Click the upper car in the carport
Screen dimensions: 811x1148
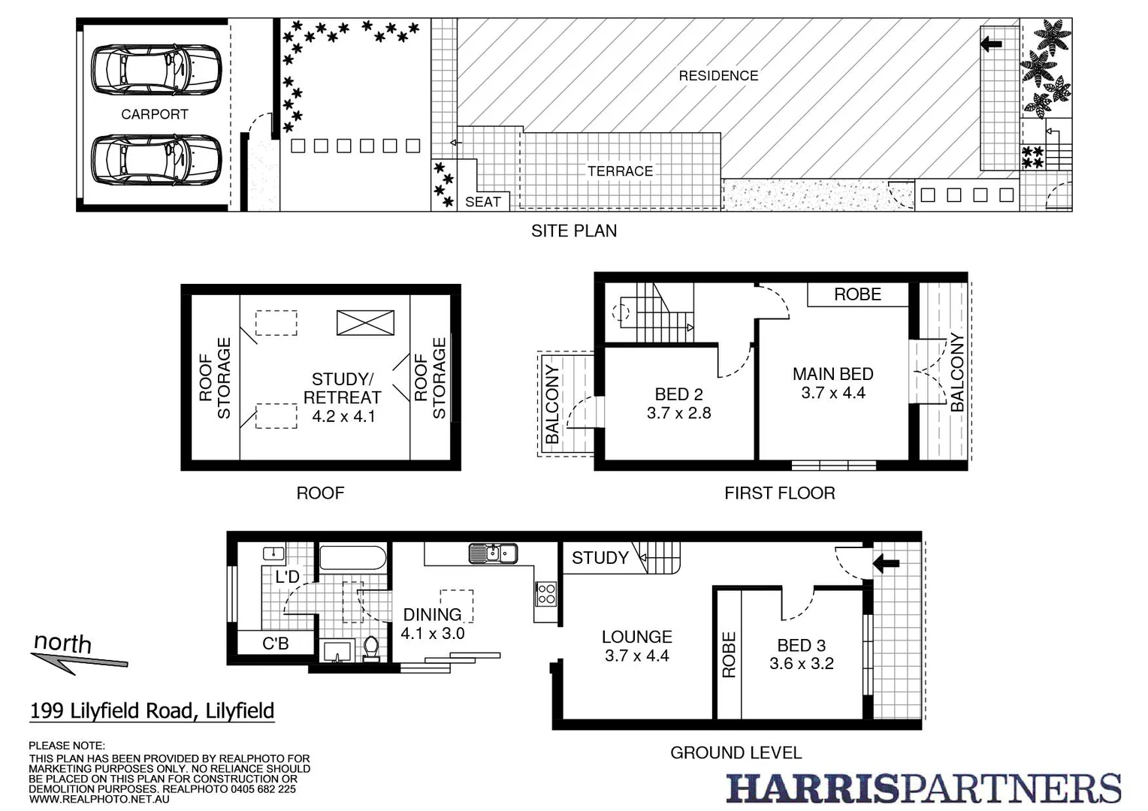[x=156, y=70]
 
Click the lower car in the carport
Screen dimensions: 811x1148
[x=156, y=158]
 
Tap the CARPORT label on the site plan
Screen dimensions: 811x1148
[x=155, y=114]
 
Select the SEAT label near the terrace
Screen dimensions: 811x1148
[x=482, y=202]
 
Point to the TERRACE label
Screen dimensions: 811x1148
[x=620, y=171]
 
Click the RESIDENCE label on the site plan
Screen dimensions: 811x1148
[x=718, y=76]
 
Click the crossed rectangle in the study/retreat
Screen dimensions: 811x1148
[x=365, y=323]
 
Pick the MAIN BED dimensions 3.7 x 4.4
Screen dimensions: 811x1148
[x=833, y=393]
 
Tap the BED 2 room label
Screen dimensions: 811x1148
[x=678, y=394]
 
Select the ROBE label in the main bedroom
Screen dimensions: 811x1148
[x=857, y=294]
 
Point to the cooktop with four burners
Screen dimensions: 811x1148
[x=546, y=594]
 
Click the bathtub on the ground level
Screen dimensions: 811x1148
[x=352, y=559]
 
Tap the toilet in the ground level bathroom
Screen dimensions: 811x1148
[x=371, y=648]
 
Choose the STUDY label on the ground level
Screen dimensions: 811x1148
[x=600, y=558]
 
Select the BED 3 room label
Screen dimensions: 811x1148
[x=801, y=645]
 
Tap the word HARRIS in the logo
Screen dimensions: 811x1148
[x=811, y=788]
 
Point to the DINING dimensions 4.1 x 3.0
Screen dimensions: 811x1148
[x=433, y=633]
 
